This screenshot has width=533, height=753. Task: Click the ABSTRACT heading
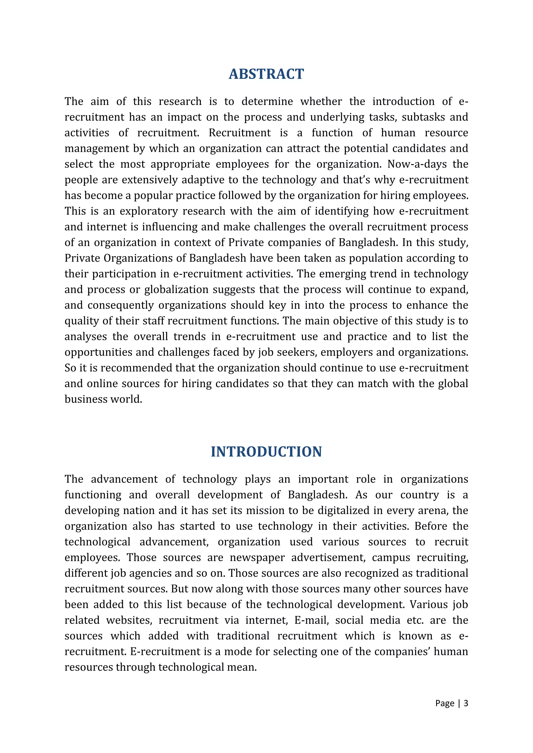point(266,74)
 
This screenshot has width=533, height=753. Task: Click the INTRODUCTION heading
point(266,452)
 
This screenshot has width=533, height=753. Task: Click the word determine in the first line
point(267,101)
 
